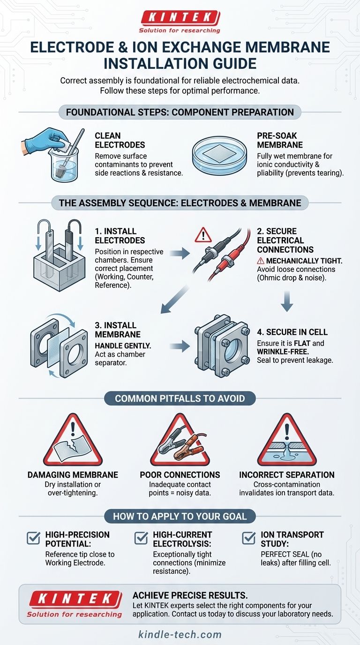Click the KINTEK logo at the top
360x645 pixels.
(180, 22)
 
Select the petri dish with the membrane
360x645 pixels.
(219, 155)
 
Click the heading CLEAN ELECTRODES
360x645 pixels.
(120, 140)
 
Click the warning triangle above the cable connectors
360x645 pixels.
(203, 235)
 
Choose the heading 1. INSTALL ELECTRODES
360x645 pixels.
(120, 236)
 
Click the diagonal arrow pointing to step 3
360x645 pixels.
(175, 300)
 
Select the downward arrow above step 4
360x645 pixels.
(287, 301)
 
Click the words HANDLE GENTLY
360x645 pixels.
(123, 345)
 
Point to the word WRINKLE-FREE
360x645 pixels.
(279, 352)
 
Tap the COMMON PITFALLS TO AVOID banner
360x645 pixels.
(180, 398)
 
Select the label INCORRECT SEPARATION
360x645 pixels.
(287, 475)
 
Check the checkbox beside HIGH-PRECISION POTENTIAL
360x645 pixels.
(33, 537)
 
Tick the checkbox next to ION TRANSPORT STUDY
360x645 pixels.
(249, 537)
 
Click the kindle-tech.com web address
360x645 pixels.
(180, 634)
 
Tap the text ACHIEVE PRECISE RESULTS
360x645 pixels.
(190, 595)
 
